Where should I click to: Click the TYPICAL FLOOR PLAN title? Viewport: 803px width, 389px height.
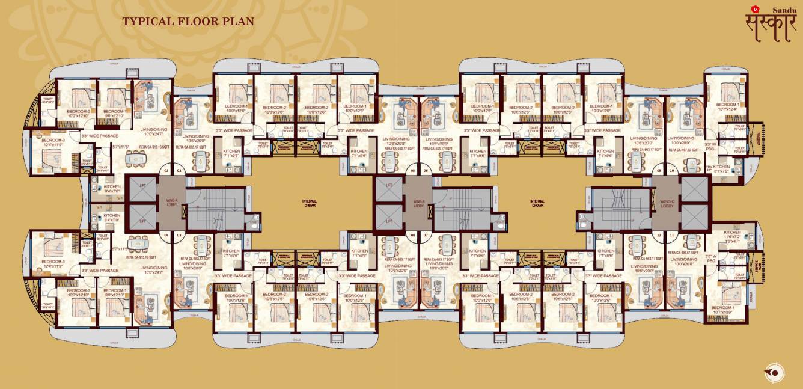[188, 22]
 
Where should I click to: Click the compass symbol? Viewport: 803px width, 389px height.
[775, 373]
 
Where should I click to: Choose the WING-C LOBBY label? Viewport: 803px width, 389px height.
[667, 204]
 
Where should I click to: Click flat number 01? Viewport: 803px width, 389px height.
[166, 171]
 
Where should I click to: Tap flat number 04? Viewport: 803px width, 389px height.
[166, 235]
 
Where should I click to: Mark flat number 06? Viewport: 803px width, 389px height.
[426, 171]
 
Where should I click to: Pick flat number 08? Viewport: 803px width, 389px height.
[412, 235]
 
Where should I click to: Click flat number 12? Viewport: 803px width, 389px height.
[659, 235]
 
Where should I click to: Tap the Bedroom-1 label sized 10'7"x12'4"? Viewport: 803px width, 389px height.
[727, 107]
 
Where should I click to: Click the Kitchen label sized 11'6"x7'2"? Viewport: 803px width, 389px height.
[732, 235]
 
